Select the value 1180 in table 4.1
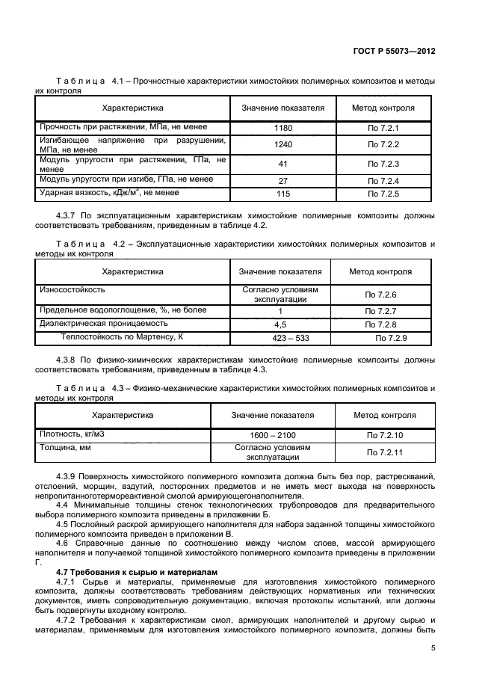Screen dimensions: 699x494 [282, 129]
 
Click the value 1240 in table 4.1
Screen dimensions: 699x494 [282, 144]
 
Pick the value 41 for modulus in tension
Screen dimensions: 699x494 [282, 164]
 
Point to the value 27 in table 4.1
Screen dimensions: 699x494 [282, 180]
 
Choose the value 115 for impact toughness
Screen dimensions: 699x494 [282, 194]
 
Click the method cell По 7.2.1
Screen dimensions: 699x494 [383, 129]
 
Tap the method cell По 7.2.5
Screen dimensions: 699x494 [383, 194]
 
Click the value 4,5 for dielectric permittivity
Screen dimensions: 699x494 [280, 325]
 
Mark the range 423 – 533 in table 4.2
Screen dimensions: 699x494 [280, 339]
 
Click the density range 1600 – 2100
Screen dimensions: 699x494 [273, 434]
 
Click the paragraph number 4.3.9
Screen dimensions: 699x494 [69, 476]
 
